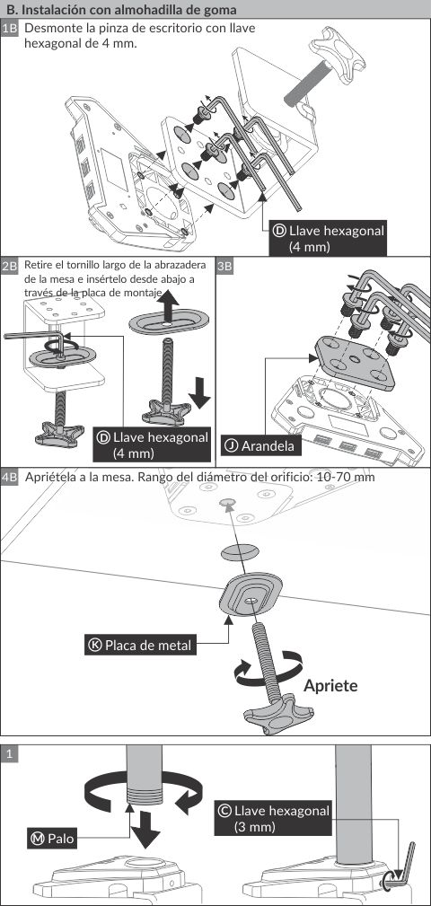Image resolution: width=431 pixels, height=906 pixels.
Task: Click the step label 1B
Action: tap(11, 29)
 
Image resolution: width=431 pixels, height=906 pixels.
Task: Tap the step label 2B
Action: tap(11, 267)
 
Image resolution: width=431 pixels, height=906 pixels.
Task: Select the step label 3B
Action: tap(225, 267)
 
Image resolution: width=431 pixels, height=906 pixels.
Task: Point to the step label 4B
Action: tap(11, 478)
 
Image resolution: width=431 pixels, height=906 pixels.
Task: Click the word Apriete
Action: tap(330, 686)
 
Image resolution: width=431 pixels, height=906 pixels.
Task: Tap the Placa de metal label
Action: tap(140, 644)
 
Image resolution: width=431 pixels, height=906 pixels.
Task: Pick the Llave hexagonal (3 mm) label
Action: tap(273, 818)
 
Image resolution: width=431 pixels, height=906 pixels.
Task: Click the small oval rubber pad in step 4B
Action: tap(239, 550)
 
